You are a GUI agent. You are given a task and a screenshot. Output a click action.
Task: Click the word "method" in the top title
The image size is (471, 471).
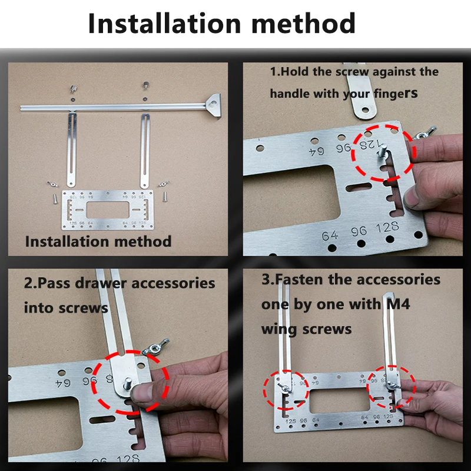click(x=303, y=23)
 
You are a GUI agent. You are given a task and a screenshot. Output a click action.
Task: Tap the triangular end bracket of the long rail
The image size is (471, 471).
click(x=214, y=105)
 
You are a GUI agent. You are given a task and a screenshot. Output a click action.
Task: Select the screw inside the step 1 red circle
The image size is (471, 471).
click(x=382, y=151)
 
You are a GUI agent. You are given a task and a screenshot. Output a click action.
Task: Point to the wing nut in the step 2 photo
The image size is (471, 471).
click(x=156, y=347)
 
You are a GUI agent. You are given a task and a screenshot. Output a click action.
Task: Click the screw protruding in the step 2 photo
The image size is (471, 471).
click(x=128, y=384)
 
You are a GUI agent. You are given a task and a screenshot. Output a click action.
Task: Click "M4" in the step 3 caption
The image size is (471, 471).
click(x=398, y=304)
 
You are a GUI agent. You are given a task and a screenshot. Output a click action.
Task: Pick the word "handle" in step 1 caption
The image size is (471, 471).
click(x=290, y=94)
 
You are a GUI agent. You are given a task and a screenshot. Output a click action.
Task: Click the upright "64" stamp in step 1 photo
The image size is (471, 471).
click(x=330, y=235)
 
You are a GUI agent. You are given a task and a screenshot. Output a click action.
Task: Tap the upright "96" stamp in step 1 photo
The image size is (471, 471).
click(x=359, y=231)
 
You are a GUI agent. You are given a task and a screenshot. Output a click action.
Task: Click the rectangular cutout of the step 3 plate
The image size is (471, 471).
click(x=340, y=401)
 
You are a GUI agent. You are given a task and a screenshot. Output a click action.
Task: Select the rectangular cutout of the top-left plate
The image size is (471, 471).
click(x=108, y=210)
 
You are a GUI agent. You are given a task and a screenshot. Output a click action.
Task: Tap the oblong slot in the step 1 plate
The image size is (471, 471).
click(x=359, y=187)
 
